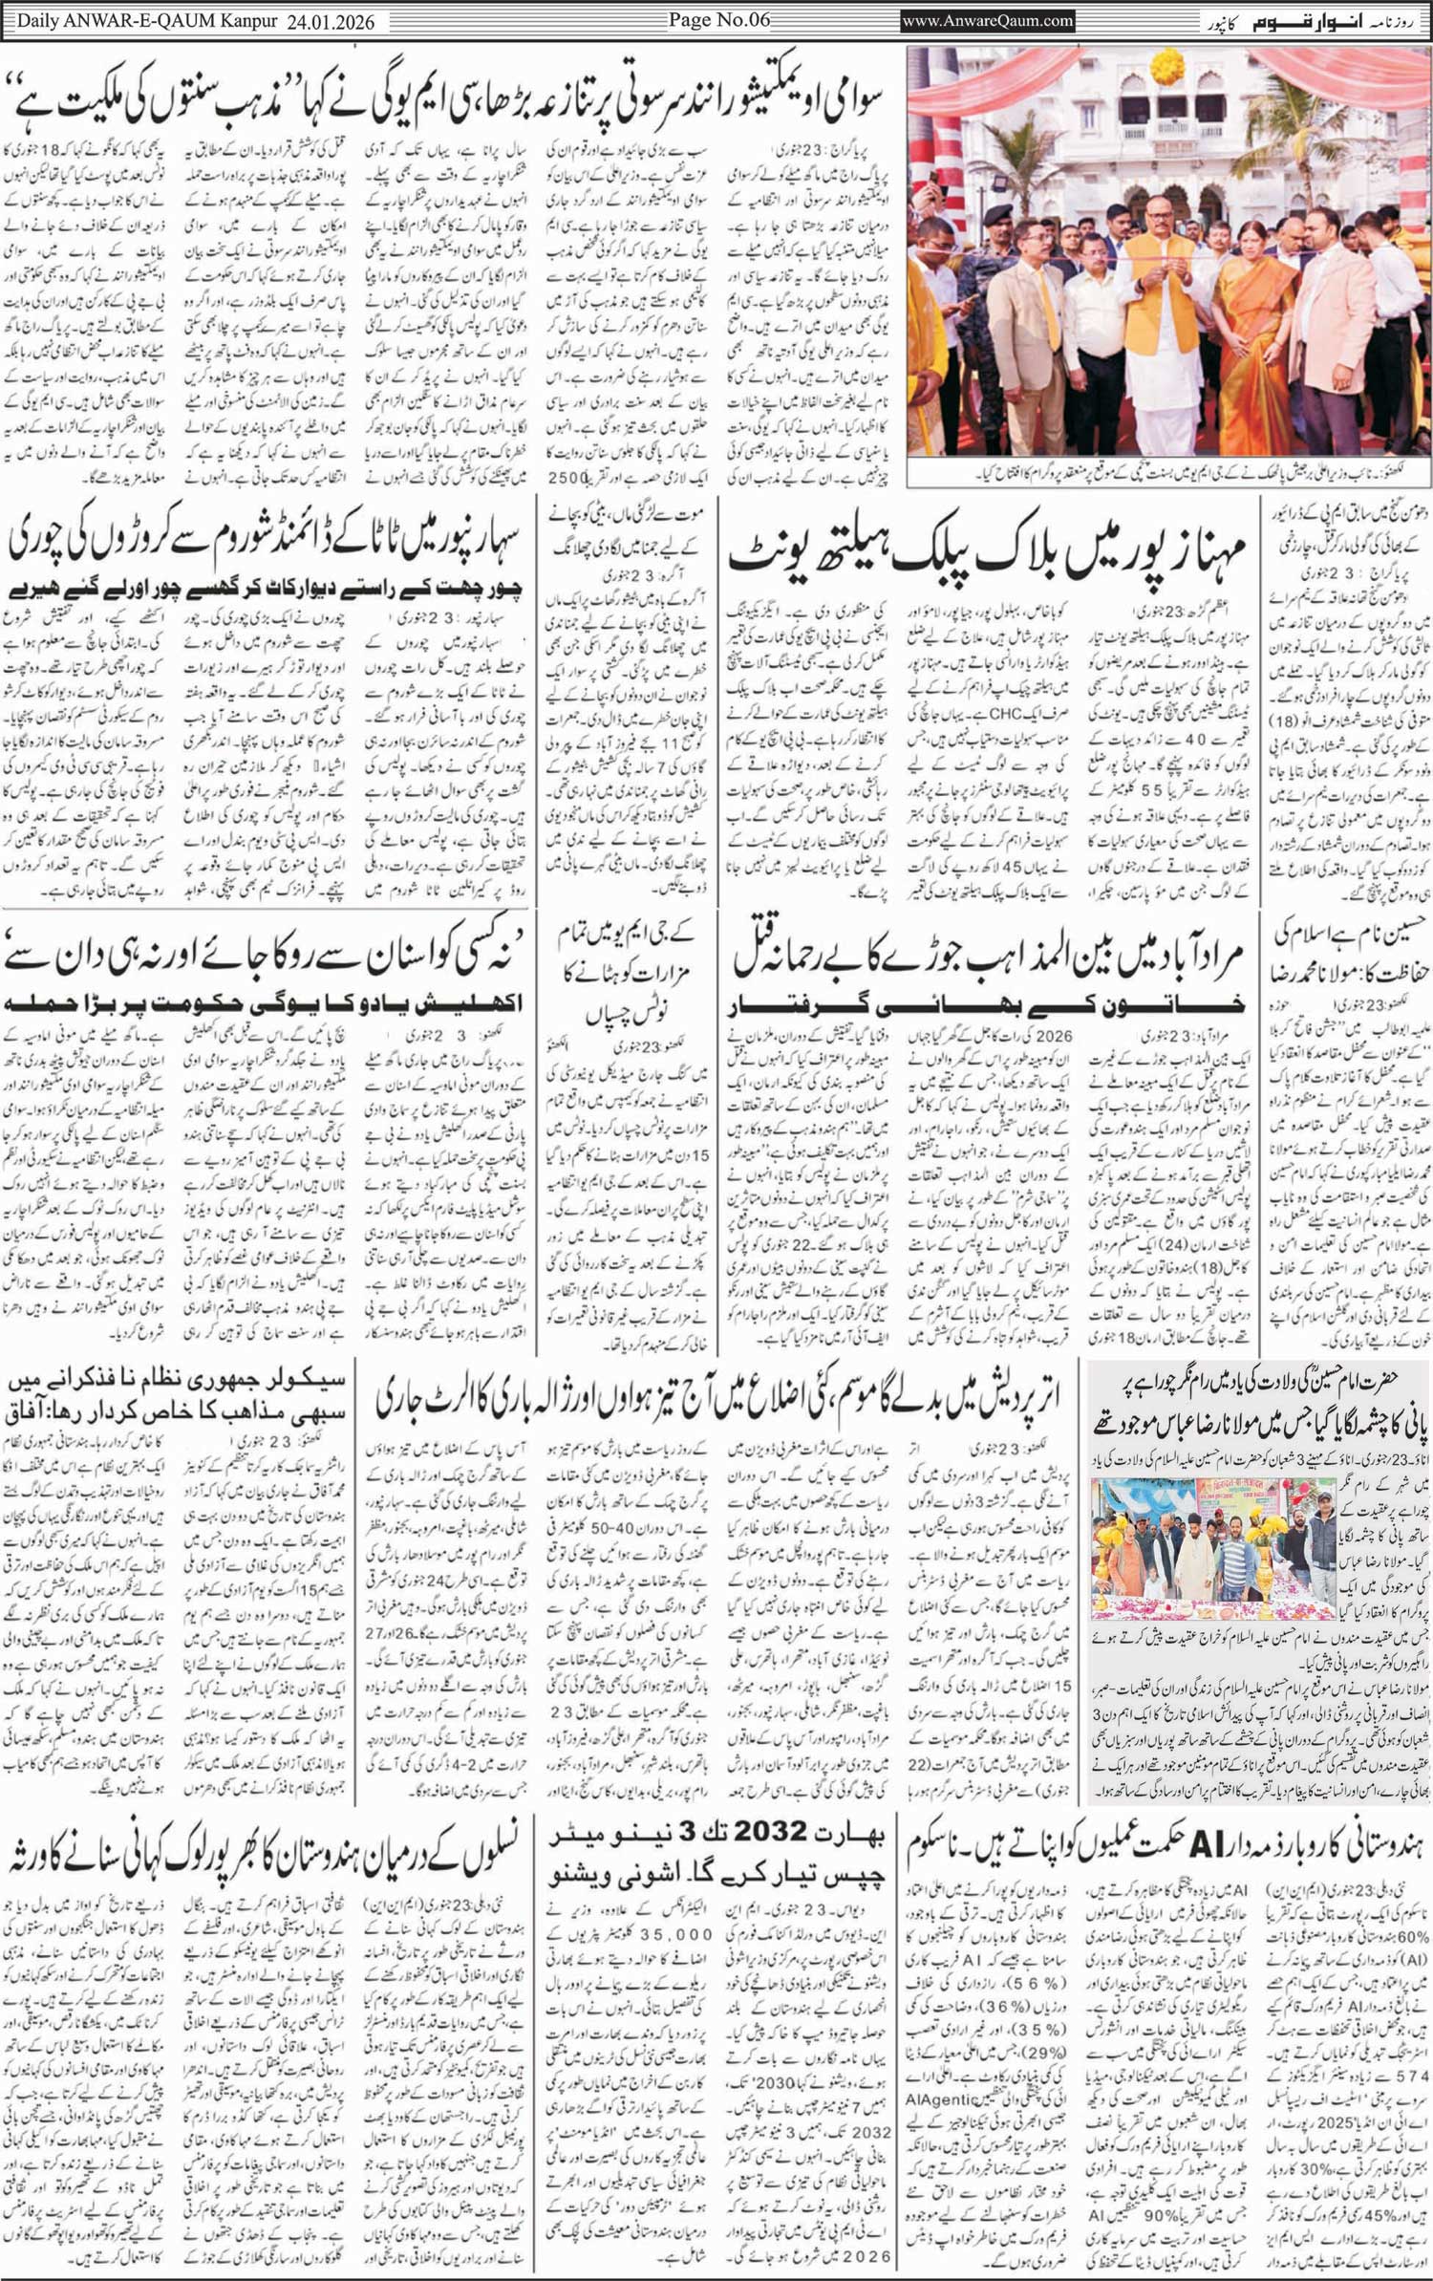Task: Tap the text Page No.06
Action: [x=716, y=19]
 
